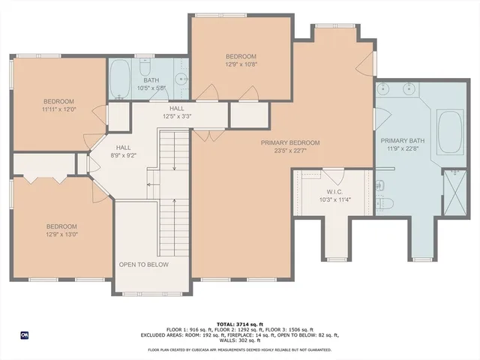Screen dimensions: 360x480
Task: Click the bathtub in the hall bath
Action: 121,78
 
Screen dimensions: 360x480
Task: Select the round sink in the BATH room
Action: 180,78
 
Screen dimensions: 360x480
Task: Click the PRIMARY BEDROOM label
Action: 290,142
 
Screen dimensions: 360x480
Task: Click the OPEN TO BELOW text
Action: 144,265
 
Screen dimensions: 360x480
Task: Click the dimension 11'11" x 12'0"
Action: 58,110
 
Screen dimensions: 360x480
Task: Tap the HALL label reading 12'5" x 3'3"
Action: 176,116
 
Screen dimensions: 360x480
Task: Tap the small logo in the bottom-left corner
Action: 25,335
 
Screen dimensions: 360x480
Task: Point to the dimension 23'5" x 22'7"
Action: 290,151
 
